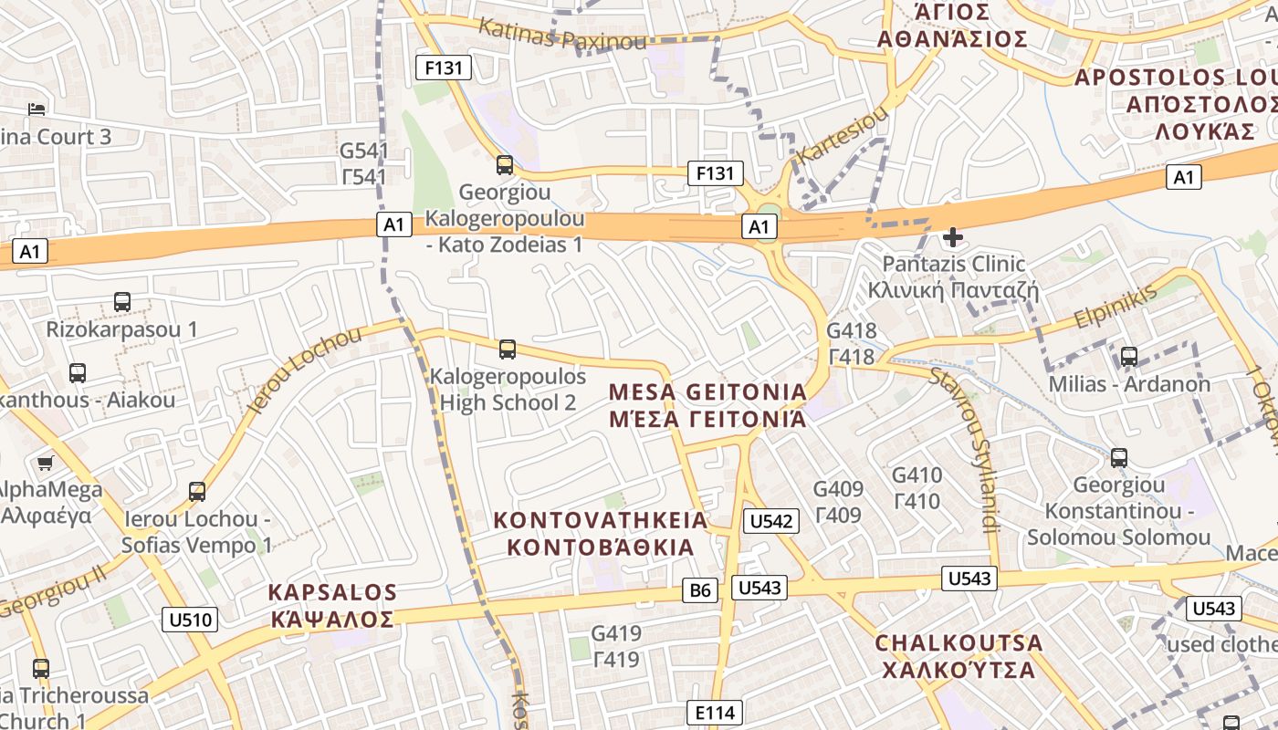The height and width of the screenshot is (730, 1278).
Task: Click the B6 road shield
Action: (x=700, y=590)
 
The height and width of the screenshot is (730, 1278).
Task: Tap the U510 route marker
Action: (x=191, y=620)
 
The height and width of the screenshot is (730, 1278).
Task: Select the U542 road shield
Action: (x=771, y=521)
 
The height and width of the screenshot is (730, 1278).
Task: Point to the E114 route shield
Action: (x=714, y=713)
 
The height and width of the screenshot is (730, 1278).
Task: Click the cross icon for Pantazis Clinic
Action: (x=953, y=238)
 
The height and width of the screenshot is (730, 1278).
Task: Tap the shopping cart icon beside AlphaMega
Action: (x=46, y=464)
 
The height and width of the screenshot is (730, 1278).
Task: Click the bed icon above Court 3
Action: (x=37, y=109)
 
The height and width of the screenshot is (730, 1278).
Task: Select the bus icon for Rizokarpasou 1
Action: (x=121, y=302)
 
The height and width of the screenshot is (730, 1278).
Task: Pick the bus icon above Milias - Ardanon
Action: (x=1129, y=357)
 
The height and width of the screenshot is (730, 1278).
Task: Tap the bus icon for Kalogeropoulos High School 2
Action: (x=508, y=349)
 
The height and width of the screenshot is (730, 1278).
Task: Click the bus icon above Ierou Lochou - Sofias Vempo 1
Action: (x=197, y=493)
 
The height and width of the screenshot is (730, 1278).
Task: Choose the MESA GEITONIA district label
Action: (x=707, y=405)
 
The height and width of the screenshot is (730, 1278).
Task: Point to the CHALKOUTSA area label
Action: (x=958, y=656)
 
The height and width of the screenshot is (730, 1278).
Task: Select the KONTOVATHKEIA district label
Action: (x=601, y=534)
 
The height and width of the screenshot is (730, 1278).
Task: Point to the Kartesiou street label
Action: (x=842, y=136)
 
